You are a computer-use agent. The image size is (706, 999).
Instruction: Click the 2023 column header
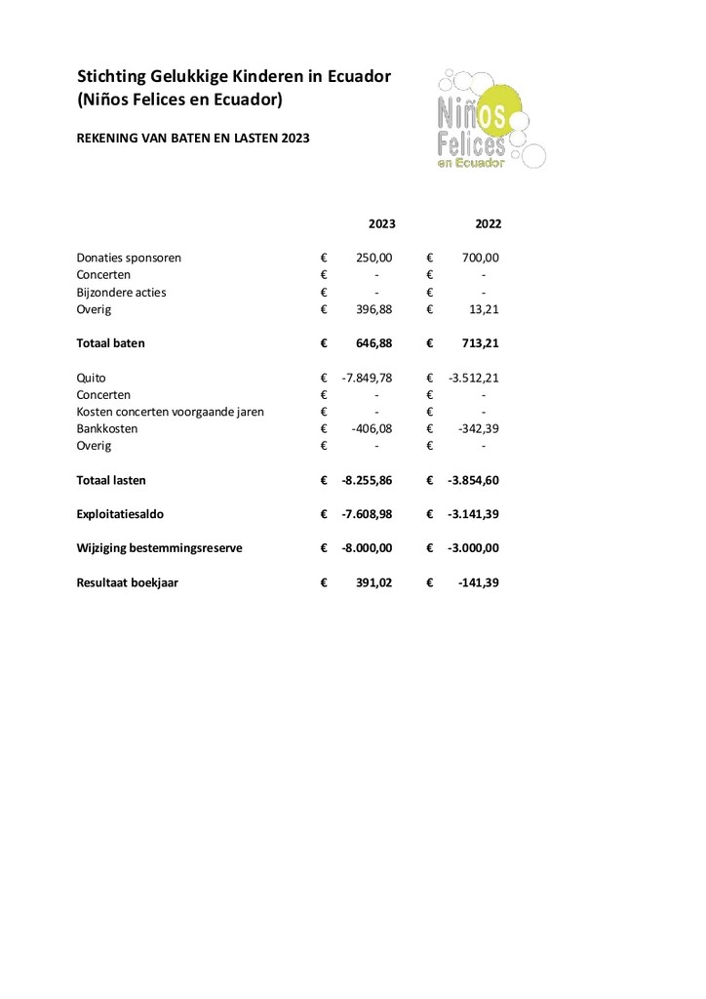[x=381, y=223]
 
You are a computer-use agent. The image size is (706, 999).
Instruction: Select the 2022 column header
[x=488, y=223]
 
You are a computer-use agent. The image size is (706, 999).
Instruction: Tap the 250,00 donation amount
[x=373, y=258]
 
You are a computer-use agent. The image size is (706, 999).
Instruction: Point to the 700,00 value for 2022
[x=480, y=258]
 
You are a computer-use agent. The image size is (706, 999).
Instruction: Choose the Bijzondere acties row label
[x=121, y=292]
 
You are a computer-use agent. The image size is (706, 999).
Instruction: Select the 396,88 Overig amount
[x=373, y=309]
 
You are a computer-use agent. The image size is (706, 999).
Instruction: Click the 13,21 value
[x=483, y=309]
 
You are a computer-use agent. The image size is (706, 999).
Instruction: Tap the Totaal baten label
[x=110, y=343]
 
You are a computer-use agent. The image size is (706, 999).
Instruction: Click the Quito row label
[x=91, y=378]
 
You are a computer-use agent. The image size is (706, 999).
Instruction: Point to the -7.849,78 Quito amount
[x=367, y=378]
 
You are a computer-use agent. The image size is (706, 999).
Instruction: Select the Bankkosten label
[x=106, y=428]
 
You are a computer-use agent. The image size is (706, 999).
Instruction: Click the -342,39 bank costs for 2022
[x=478, y=428]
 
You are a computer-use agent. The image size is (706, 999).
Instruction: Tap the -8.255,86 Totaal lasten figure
[x=367, y=480]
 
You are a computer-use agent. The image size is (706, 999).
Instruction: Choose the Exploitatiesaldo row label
[x=118, y=514]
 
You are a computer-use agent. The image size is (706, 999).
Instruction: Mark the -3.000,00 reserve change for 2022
[x=474, y=548]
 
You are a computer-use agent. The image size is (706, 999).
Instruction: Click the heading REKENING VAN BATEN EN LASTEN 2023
[x=193, y=139]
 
